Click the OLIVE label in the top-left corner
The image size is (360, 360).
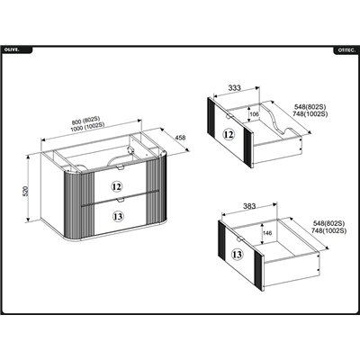(x=12, y=50)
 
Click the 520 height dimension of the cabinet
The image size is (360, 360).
(x=25, y=191)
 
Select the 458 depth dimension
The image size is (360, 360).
(x=180, y=138)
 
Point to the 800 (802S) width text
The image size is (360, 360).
(x=85, y=121)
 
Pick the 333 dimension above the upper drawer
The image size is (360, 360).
(x=234, y=87)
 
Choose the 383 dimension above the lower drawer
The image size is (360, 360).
(x=249, y=206)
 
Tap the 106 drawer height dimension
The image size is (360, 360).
(x=254, y=114)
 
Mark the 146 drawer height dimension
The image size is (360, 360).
(x=267, y=233)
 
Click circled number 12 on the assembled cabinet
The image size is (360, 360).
(x=117, y=187)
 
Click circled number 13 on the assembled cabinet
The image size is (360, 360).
(x=118, y=216)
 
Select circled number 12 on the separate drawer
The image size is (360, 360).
(x=229, y=135)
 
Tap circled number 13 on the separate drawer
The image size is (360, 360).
(x=237, y=255)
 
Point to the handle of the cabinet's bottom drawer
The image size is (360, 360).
(x=121, y=199)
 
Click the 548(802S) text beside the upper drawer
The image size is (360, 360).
(x=310, y=107)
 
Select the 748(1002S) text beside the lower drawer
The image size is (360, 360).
(x=328, y=230)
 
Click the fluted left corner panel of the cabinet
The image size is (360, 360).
(x=79, y=205)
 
